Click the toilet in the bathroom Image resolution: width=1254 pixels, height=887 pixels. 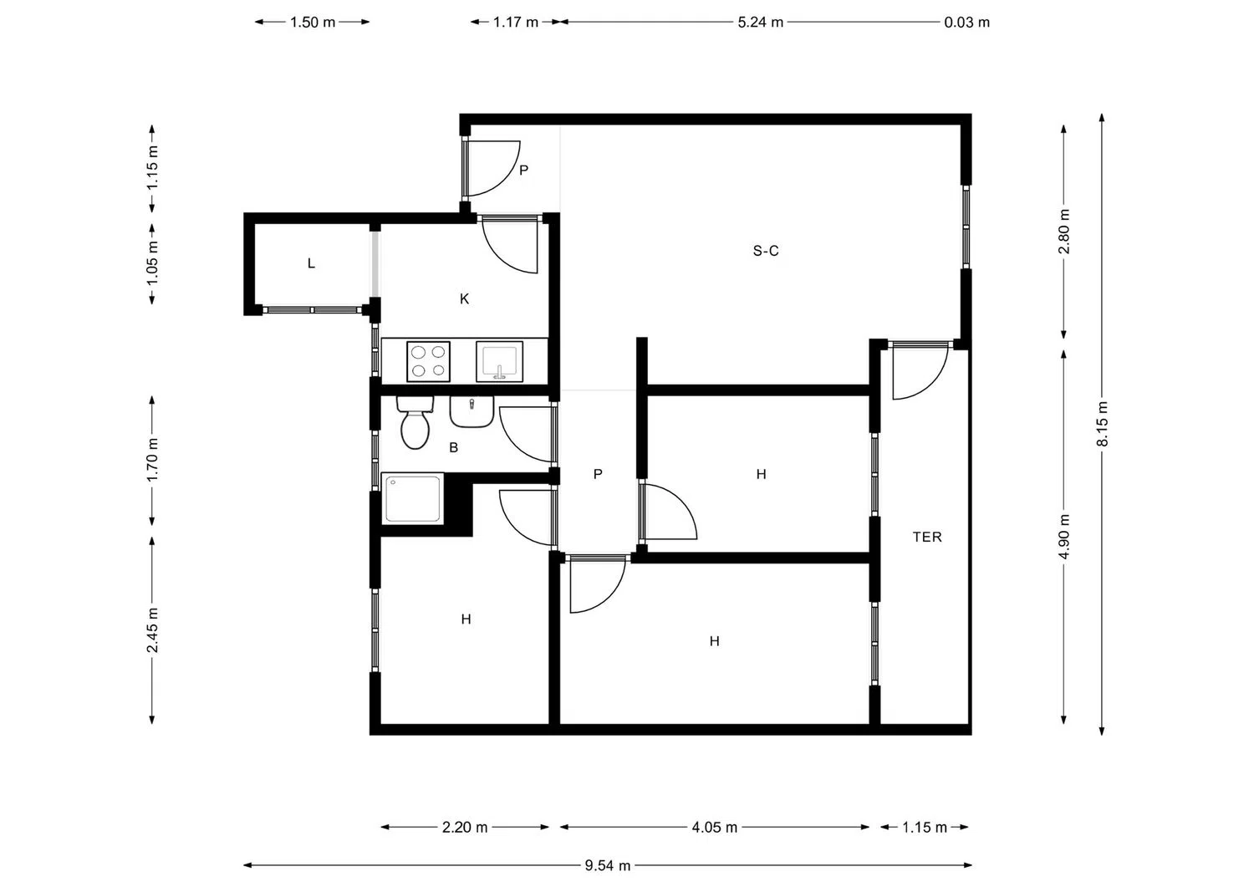pyautogui.click(x=415, y=423)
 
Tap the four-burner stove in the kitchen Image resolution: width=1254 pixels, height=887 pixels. pyautogui.click(x=428, y=362)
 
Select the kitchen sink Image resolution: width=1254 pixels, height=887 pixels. pyautogui.click(x=499, y=362)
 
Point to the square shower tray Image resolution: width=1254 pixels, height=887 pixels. pyautogui.click(x=413, y=498)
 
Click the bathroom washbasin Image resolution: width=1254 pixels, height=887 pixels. pyautogui.click(x=472, y=412)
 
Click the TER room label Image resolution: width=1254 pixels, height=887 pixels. pyautogui.click(x=927, y=537)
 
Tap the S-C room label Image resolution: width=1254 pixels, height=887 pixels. pyautogui.click(x=765, y=251)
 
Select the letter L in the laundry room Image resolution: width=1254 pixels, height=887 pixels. pyautogui.click(x=311, y=263)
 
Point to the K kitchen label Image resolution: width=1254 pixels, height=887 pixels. pyautogui.click(x=464, y=299)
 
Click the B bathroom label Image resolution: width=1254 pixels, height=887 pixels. pyautogui.click(x=453, y=447)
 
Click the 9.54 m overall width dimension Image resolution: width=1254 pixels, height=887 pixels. pyautogui.click(x=608, y=865)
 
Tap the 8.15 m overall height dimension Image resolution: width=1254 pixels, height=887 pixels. pyautogui.click(x=1102, y=424)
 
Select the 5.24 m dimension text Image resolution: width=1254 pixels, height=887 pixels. pyautogui.click(x=760, y=23)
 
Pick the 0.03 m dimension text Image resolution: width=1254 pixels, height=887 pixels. pyautogui.click(x=966, y=23)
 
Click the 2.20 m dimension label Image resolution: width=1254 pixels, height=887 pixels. pyautogui.click(x=465, y=827)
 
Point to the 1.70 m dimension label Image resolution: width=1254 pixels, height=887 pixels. pyautogui.click(x=152, y=460)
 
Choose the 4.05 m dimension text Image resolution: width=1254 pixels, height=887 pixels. pyautogui.click(x=714, y=827)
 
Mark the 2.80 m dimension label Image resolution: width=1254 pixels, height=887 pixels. pyautogui.click(x=1063, y=232)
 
